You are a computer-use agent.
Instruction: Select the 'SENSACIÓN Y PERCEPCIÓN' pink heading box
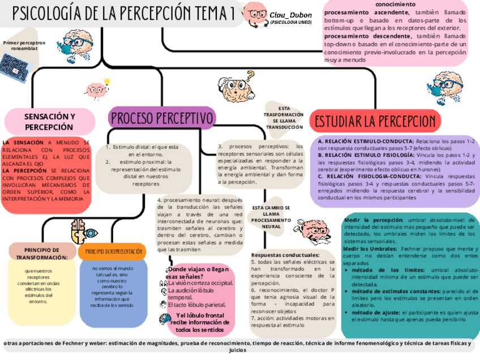tap(49, 121)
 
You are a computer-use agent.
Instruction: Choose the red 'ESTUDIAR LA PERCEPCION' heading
tap(375, 121)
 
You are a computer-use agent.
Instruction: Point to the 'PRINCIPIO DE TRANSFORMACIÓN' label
tap(42, 253)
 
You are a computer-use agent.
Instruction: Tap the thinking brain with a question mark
tap(238, 87)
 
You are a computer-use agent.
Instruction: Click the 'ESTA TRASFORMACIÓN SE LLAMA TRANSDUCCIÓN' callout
tap(284, 118)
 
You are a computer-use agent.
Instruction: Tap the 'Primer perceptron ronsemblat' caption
tap(24, 45)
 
